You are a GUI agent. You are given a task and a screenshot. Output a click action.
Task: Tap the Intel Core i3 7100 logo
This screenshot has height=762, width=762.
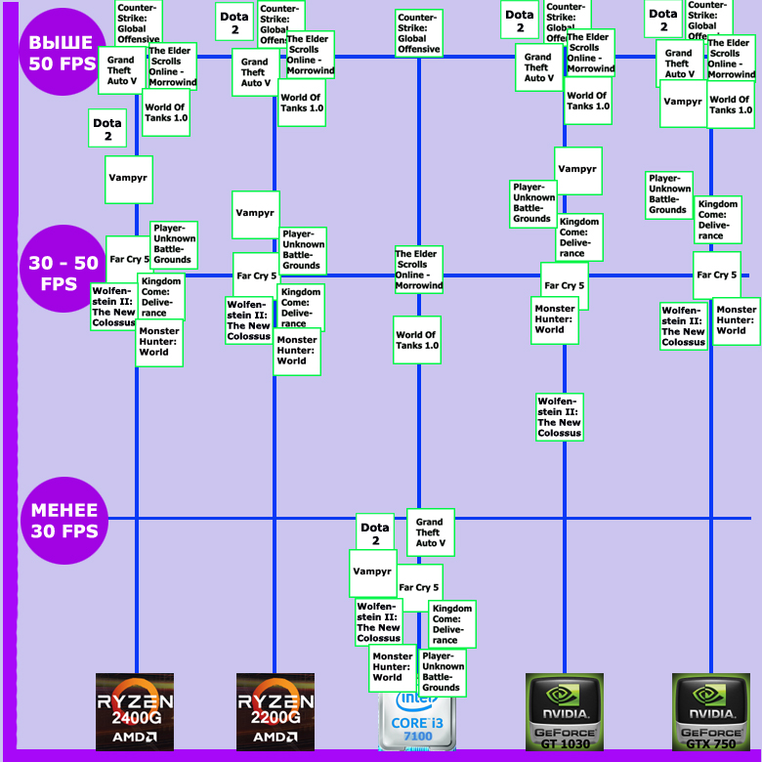tap(418, 721)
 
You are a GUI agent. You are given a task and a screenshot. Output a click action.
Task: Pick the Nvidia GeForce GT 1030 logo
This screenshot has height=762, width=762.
tap(565, 711)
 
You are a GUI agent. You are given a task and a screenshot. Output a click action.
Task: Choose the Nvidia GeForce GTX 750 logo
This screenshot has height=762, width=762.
tap(710, 711)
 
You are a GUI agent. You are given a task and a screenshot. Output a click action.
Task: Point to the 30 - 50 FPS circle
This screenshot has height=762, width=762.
tap(63, 274)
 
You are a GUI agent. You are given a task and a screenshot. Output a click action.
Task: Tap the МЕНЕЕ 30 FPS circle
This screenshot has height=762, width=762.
tap(63, 521)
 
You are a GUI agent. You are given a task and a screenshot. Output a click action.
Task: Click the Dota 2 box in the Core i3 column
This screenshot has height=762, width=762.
tap(375, 533)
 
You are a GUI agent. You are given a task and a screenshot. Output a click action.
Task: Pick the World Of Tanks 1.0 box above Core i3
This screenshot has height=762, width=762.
tap(417, 340)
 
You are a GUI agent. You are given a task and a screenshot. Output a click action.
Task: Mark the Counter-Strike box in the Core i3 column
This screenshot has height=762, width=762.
tap(418, 33)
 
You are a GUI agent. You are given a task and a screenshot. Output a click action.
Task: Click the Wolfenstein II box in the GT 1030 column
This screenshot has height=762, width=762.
tap(560, 416)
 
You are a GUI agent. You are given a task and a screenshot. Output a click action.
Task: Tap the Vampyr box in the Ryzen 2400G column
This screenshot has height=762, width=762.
tap(129, 180)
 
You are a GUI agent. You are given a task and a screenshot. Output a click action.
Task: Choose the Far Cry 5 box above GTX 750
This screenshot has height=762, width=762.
tap(717, 275)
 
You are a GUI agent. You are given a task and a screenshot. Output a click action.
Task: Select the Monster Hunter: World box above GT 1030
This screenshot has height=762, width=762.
tap(555, 319)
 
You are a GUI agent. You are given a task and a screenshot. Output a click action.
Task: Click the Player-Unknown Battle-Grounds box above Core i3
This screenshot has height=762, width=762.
tap(442, 672)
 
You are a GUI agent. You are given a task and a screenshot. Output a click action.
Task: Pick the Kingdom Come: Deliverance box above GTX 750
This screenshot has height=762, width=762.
tap(718, 220)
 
